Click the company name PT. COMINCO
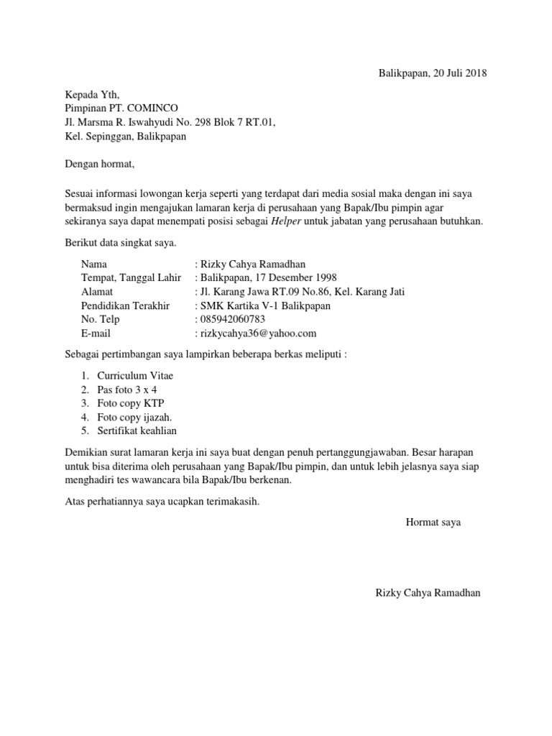coord(143,108)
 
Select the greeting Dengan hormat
coord(99,165)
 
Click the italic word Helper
coord(286,222)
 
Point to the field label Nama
coord(94,264)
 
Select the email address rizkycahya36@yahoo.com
coord(258,333)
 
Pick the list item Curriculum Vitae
coord(135,376)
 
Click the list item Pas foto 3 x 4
coord(126,390)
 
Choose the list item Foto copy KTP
coord(131,403)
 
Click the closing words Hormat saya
coord(433,523)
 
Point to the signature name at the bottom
coord(428,593)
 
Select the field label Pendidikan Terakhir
coord(126,305)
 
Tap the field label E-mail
coord(96,333)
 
